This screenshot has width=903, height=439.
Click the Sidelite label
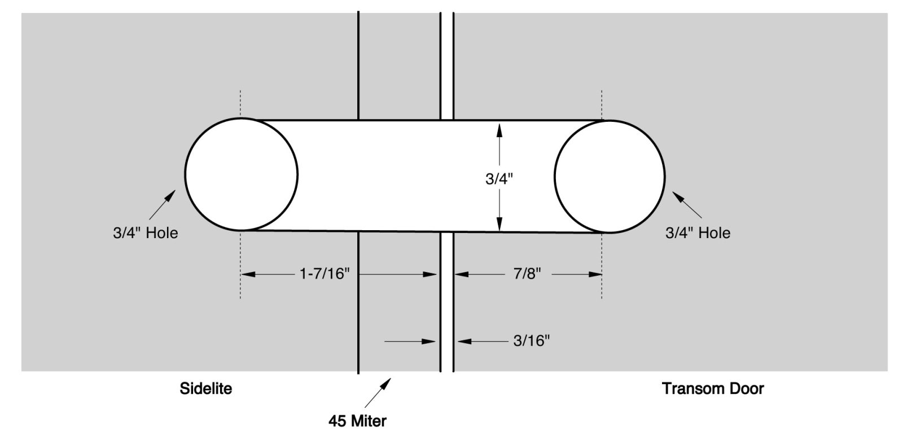click(205, 389)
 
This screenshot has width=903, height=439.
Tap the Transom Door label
click(713, 389)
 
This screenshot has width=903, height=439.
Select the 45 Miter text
click(357, 421)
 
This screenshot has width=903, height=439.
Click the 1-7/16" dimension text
click(325, 274)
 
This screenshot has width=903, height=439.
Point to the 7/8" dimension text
click(527, 274)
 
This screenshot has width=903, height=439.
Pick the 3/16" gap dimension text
click(531, 341)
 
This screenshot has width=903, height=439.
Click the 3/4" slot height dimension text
click(499, 179)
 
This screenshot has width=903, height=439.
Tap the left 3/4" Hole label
click(145, 233)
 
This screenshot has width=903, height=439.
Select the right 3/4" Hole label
click(698, 233)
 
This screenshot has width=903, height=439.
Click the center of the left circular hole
click(241, 174)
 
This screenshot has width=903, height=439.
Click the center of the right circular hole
click(609, 175)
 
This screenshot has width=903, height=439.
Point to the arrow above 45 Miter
click(378, 393)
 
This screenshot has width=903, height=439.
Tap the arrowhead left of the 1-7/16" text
click(249, 274)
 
